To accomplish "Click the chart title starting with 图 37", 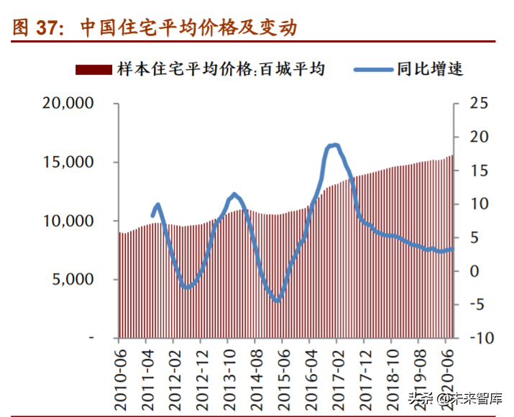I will coord(155,28).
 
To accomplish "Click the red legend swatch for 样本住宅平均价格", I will coord(93,69).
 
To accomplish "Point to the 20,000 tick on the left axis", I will coord(69,104).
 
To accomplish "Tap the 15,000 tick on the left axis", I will coord(69,162).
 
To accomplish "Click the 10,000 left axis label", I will coord(69,221).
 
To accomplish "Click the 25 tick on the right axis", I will coord(478,104).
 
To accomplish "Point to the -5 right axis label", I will coord(478,304).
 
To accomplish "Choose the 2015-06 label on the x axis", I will coord(285,371).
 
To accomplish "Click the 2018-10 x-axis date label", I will coord(393,371).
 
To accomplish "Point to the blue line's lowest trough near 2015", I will coord(277,300).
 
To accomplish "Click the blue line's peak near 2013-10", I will coord(234,194).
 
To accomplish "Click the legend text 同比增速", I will coord(429,70).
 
